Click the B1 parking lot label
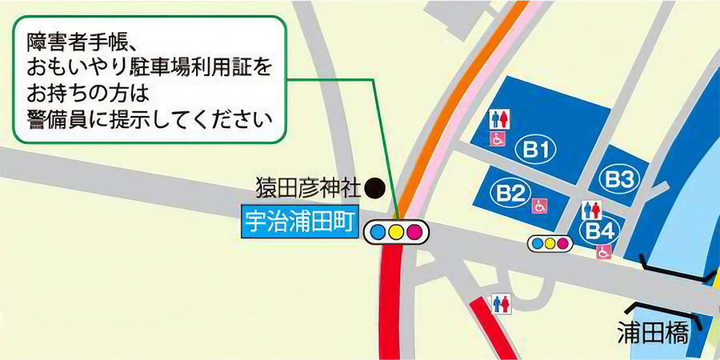pyautogui.click(x=536, y=149)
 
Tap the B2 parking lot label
pyautogui.click(x=510, y=192)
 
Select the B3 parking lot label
pyautogui.click(x=619, y=179)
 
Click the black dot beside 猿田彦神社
pyautogui.click(x=374, y=189)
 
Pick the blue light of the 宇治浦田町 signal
pyautogui.click(x=378, y=232)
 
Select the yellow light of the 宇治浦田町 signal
pyautogui.click(x=396, y=232)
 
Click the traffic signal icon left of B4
pyautogui.click(x=550, y=242)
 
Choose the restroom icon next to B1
pyautogui.click(x=499, y=119)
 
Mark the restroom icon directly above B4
pyautogui.click(x=592, y=210)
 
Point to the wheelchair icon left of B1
pyautogui.click(x=498, y=139)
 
